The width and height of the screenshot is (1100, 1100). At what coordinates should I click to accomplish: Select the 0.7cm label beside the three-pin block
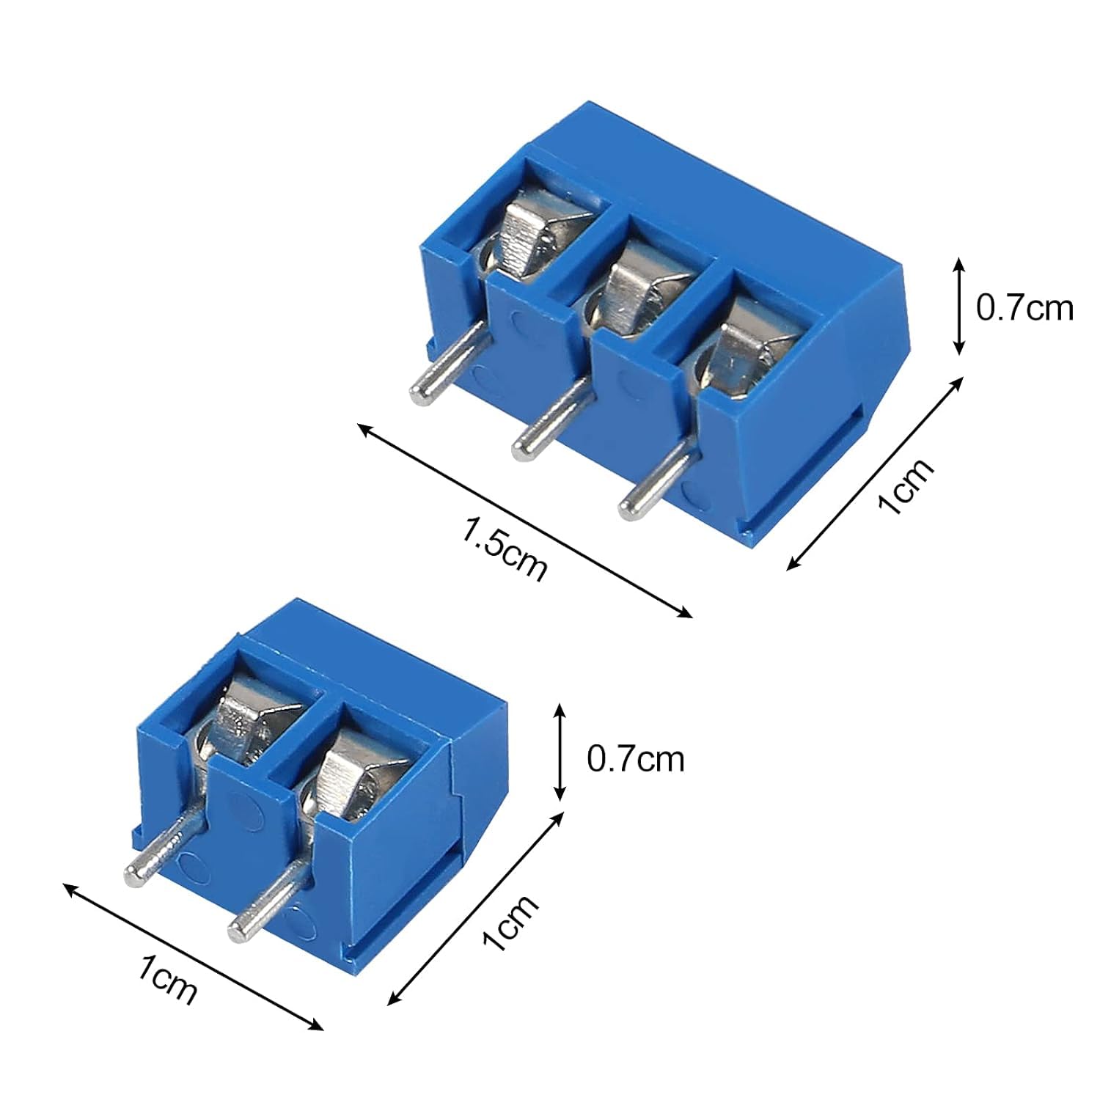(1024, 308)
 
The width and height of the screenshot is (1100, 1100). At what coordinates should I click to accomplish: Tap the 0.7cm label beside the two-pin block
(635, 758)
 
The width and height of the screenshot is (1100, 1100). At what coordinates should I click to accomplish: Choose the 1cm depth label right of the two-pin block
(512, 923)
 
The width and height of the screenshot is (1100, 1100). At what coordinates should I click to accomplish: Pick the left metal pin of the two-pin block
(163, 851)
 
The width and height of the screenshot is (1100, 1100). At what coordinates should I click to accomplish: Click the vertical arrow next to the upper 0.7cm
(958, 307)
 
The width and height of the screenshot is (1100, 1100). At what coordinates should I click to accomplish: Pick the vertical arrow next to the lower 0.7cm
(560, 752)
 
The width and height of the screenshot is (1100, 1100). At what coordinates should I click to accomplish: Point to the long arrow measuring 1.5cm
(524, 521)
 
